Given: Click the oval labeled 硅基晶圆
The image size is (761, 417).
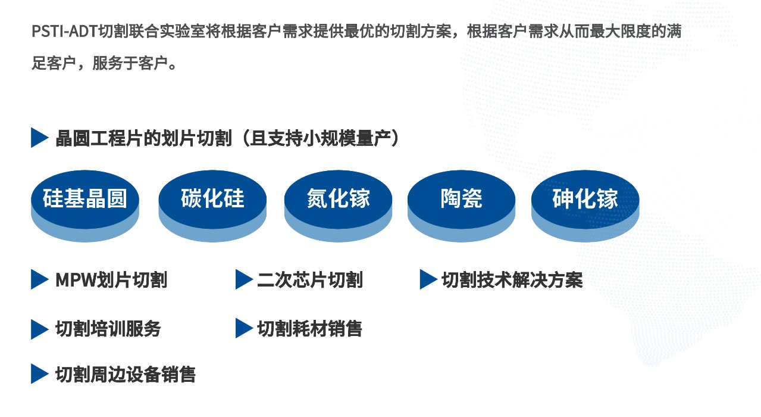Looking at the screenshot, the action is point(85,206).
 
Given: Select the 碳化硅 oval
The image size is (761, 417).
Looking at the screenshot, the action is point(212,206).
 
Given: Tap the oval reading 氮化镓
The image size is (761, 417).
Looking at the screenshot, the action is point(338,206).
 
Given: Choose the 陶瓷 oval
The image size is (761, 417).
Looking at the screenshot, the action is point(461,206).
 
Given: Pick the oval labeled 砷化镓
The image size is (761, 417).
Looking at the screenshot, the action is point(585,206).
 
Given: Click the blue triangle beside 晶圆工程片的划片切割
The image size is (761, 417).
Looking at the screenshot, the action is point(38,138).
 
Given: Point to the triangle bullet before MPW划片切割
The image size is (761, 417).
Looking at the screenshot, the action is point(38,279).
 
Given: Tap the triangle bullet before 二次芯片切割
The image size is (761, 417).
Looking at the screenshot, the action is point(243,279).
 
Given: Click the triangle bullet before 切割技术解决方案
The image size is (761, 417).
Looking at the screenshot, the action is point(427,279).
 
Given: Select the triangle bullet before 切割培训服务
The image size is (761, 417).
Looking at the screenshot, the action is point(38,329).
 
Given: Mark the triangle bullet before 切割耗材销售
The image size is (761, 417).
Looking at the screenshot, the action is point(243,328).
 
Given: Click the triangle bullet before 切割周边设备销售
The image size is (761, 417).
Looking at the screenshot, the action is point(38,374).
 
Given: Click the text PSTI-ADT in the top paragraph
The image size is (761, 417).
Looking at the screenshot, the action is point(64,32).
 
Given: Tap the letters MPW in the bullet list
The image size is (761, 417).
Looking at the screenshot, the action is point(76,280).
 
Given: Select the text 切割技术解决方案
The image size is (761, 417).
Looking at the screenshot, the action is point(512,280).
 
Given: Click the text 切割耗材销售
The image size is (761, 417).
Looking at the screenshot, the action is point(309,329).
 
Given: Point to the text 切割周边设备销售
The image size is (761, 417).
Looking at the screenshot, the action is point(126,375).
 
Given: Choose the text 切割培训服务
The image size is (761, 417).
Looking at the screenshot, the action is point(108,329).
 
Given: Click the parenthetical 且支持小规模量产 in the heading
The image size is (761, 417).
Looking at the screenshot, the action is point(321,138).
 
